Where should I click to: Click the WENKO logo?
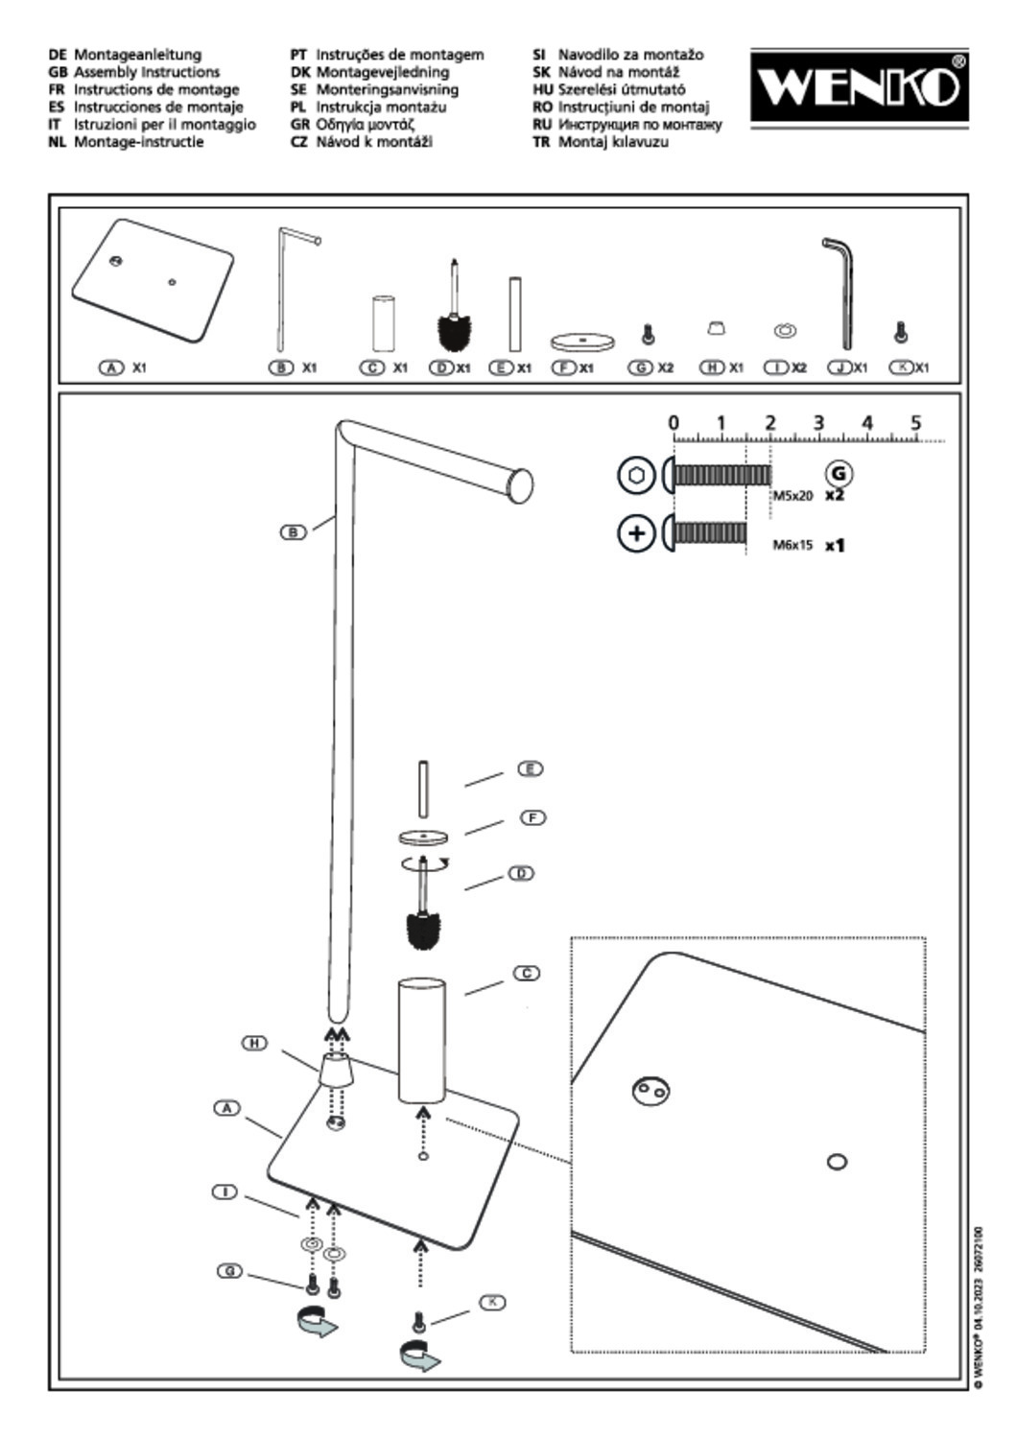859,87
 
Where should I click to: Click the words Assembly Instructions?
147,72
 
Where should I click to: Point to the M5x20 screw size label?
792,496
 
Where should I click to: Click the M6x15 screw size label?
792,545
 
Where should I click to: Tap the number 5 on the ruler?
915,422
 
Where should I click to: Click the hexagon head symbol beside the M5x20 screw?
635,476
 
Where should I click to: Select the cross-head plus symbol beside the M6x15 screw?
635,533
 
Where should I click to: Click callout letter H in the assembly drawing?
254,1043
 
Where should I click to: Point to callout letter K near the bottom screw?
492,1302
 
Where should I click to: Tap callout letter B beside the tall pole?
293,531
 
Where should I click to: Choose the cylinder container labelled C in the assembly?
422,1040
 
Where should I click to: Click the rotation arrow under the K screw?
418,1356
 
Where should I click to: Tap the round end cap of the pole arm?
521,484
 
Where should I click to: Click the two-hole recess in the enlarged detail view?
650,1090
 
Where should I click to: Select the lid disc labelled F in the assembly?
423,837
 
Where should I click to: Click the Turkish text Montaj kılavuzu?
613,142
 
